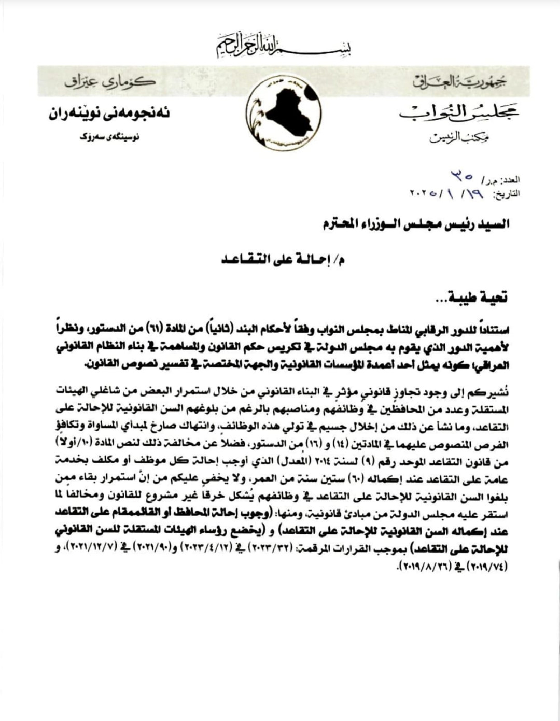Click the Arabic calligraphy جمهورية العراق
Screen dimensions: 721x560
[459, 81]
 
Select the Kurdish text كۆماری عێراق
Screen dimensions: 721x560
[110, 82]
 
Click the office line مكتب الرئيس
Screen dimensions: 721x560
[460, 138]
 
